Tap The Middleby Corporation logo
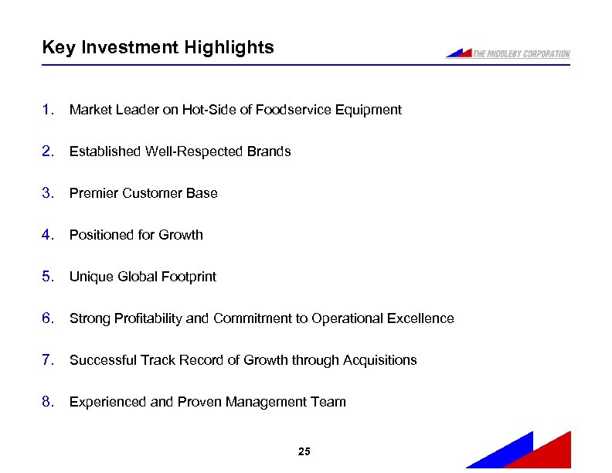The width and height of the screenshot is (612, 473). [508, 53]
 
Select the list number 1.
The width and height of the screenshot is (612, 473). [48, 110]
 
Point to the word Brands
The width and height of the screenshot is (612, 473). [269, 151]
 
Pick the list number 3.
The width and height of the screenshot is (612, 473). [48, 193]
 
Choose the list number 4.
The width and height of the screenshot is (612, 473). [48, 235]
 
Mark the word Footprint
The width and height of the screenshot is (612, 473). [189, 277]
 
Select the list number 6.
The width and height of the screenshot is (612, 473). [48, 318]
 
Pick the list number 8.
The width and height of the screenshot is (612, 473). [48, 402]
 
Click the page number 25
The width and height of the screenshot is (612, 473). [304, 451]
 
